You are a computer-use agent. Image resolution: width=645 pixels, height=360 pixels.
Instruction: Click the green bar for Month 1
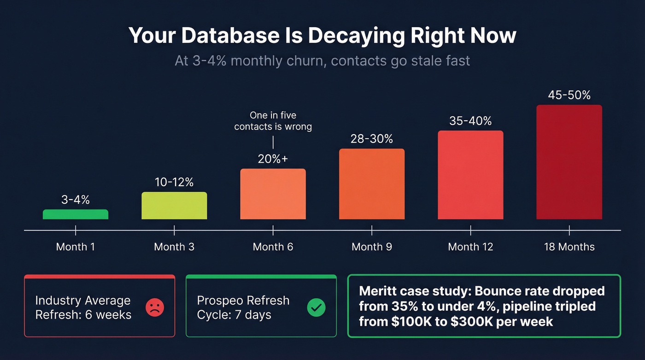click(76, 214)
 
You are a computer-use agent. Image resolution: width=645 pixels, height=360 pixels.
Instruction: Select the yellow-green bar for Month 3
click(174, 206)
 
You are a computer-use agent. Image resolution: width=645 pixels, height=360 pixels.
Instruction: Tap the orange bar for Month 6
click(273, 194)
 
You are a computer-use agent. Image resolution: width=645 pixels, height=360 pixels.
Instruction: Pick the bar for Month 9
click(372, 184)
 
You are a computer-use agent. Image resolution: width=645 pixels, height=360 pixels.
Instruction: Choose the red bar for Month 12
click(470, 175)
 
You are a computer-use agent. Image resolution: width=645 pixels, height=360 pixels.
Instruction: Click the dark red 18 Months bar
click(569, 162)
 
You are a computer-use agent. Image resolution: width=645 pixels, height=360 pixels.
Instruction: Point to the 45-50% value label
click(569, 95)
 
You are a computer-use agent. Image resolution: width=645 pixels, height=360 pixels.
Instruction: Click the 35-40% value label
click(470, 121)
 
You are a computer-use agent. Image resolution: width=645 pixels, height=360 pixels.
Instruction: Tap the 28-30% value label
click(372, 139)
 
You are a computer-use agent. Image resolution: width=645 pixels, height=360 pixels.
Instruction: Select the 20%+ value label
click(273, 159)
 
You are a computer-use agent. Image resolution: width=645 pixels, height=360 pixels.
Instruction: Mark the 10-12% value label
click(174, 182)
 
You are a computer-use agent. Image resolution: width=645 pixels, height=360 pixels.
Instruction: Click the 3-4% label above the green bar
click(76, 200)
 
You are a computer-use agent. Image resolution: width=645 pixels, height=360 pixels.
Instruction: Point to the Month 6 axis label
click(273, 247)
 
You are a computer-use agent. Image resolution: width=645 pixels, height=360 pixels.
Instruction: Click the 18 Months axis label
click(569, 247)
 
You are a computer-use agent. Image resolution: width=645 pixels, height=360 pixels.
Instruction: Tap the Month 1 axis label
click(76, 247)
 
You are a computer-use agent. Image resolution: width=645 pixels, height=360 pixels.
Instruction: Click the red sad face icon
click(155, 307)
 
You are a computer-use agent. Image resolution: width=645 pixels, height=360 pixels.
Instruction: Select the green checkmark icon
click(316, 307)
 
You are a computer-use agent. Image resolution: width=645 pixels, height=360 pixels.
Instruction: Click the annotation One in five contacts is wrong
click(273, 121)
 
